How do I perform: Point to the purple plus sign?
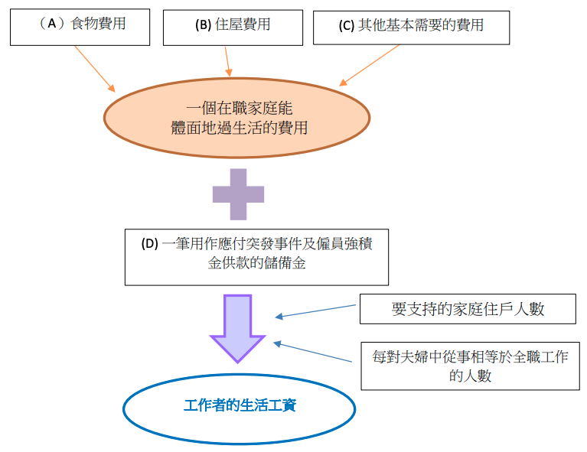pyautogui.click(x=239, y=194)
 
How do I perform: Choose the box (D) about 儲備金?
pyautogui.click(x=256, y=255)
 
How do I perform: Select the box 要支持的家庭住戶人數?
pyautogui.click(x=467, y=310)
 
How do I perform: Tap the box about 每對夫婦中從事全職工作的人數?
pyautogui.click(x=470, y=366)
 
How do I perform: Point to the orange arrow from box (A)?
pyautogui.click(x=95, y=69)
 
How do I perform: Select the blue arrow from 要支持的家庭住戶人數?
pyautogui.click(x=317, y=311)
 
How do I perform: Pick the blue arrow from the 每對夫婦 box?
pyautogui.click(x=317, y=353)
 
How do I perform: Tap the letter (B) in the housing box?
pyautogui.click(x=203, y=24)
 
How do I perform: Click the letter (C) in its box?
pyautogui.click(x=346, y=25)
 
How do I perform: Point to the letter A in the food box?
pyautogui.click(x=52, y=24)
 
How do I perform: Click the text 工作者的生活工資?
pyautogui.click(x=240, y=405)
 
